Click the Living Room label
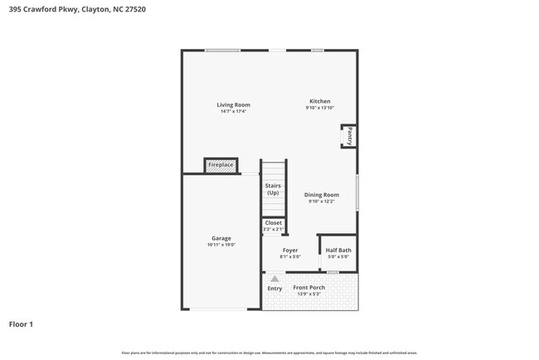pyautogui.click(x=233, y=105)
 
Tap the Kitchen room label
pyautogui.click(x=320, y=101)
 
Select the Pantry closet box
pyautogui.click(x=349, y=136)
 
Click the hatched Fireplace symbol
pyautogui.click(x=221, y=166)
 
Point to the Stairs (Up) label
pyautogui.click(x=273, y=189)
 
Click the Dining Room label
pyautogui.click(x=321, y=195)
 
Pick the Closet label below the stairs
pyautogui.click(x=273, y=222)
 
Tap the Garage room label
pyautogui.click(x=221, y=238)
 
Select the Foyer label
pyautogui.click(x=289, y=250)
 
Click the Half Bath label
pyautogui.click(x=337, y=250)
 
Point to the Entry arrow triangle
pyautogui.click(x=274, y=279)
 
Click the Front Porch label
pyautogui.click(x=308, y=288)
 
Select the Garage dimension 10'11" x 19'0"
pyautogui.click(x=221, y=245)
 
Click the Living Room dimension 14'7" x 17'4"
pyautogui.click(x=233, y=111)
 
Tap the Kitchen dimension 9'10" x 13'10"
pyautogui.click(x=320, y=108)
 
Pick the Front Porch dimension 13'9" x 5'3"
pyautogui.click(x=308, y=294)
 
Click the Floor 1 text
pyautogui.click(x=21, y=324)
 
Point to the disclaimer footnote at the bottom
pyautogui.click(x=269, y=353)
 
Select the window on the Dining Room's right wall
pyautogui.click(x=357, y=192)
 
